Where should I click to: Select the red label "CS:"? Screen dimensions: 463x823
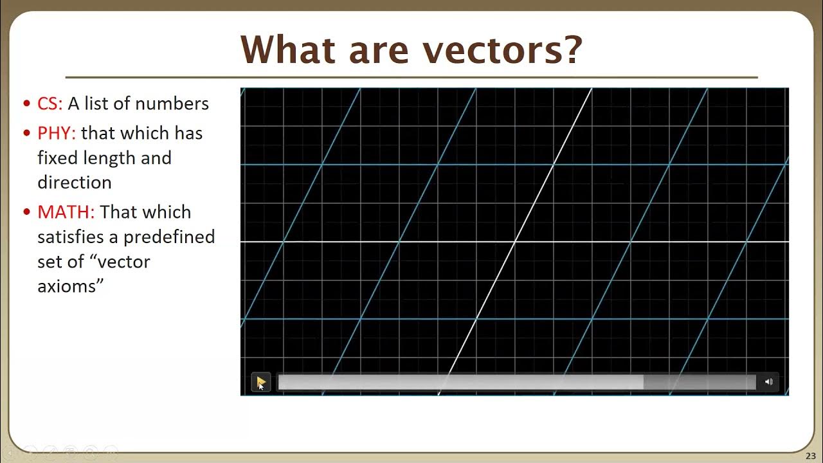(50, 104)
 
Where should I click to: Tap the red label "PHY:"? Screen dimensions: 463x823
(57, 133)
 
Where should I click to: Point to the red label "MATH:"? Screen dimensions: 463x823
(66, 212)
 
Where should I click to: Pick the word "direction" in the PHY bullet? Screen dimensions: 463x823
(75, 183)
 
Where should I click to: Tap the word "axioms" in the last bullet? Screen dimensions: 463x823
(68, 286)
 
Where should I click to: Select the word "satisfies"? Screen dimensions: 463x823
(70, 237)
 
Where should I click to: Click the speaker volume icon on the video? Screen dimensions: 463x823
(768, 382)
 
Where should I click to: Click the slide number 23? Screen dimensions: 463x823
(810, 456)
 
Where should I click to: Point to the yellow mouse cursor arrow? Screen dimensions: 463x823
(261, 383)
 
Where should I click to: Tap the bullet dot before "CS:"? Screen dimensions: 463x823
(26, 104)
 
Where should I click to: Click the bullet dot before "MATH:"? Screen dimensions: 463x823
(26, 213)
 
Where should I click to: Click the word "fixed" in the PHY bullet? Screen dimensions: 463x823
(54, 158)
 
